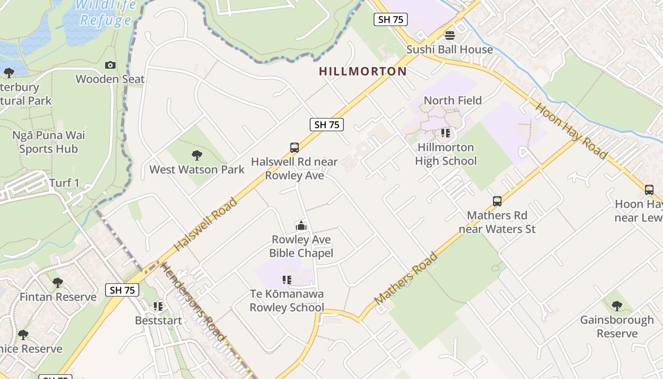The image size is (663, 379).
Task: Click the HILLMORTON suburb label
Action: pos(363,72)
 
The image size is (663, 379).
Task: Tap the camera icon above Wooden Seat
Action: pos(110,65)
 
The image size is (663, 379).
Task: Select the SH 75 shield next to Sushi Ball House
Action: pos(390,19)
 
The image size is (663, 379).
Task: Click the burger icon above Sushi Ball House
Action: pos(449,36)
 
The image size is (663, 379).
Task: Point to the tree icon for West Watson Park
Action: pos(197,155)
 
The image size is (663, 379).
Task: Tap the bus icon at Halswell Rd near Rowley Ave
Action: pos(295,148)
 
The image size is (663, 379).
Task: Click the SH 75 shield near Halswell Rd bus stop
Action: pos(326,125)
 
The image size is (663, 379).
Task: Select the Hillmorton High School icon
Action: pos(445,133)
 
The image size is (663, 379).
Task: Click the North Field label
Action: pos(452,100)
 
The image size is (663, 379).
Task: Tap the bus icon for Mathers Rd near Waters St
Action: pos(497,201)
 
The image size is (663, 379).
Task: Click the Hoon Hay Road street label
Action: pos(571,130)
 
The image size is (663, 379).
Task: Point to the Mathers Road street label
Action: pos(406,279)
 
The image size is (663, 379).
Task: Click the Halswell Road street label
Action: pos(206,225)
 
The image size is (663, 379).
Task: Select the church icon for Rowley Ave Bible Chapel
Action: pos(300,226)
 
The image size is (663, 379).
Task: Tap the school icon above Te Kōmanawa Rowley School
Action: pos(287,280)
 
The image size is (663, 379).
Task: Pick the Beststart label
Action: pos(158,321)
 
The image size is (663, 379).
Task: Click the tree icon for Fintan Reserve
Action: pos(58,283)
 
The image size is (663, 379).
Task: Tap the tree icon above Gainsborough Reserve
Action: pos(617,306)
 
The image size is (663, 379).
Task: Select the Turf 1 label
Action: pos(64,183)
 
